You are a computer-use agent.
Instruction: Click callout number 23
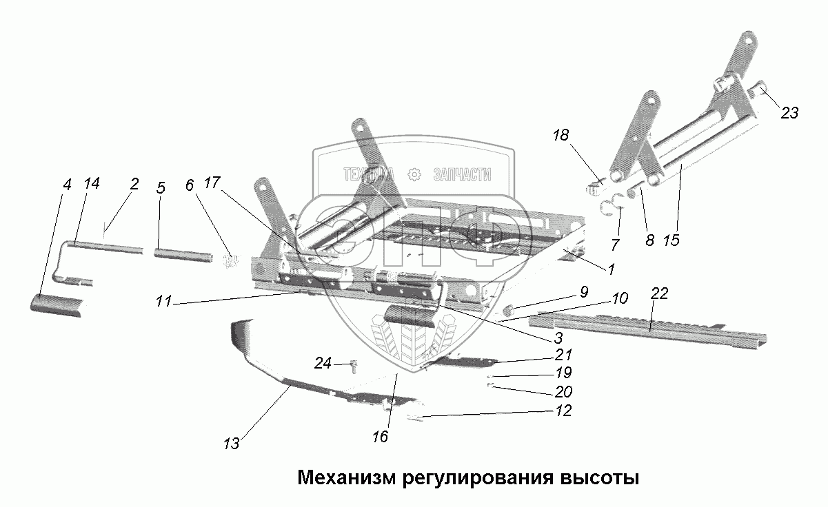click(789, 112)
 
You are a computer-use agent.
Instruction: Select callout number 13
click(231, 444)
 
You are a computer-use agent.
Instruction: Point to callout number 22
click(660, 293)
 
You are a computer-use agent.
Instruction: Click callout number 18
click(561, 135)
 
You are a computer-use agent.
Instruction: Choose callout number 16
click(380, 436)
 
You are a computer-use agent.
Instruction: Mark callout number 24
click(323, 362)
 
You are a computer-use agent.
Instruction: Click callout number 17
click(212, 184)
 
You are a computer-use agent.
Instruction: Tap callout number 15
click(672, 240)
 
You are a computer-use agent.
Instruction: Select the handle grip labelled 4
click(59, 303)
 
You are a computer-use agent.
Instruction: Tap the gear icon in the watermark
click(414, 175)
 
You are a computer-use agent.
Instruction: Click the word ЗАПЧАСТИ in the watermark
click(462, 175)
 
